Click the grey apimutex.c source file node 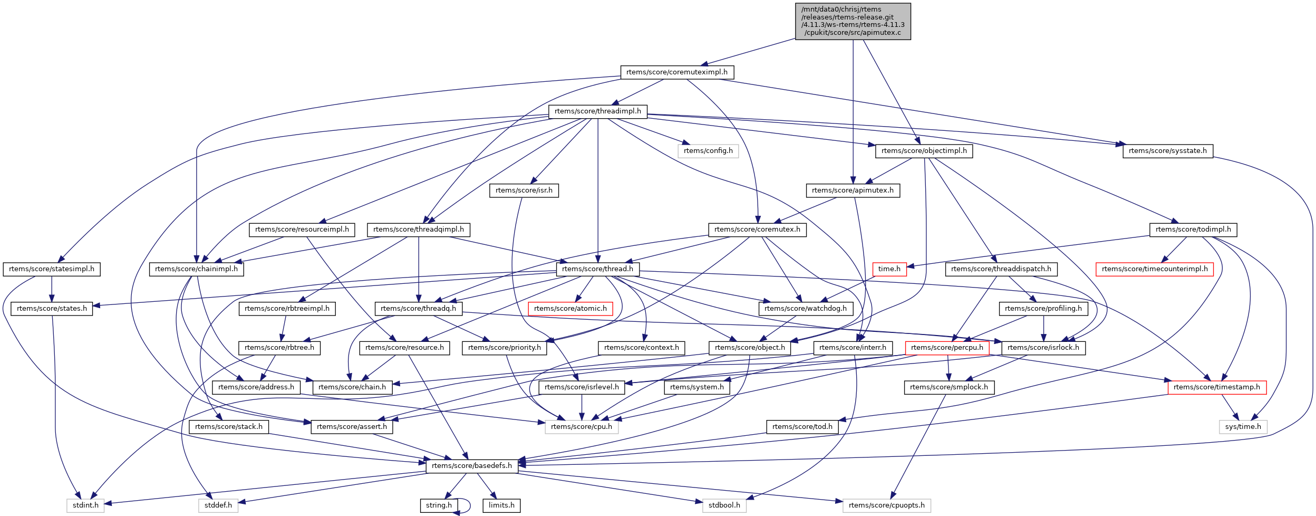click(x=853, y=21)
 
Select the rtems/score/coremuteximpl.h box click(x=677, y=72)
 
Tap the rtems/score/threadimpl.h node click(x=597, y=111)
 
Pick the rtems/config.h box click(x=708, y=151)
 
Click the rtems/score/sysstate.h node click(x=1167, y=151)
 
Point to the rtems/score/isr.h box click(x=524, y=190)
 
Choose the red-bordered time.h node click(x=889, y=269)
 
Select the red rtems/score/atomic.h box click(x=570, y=309)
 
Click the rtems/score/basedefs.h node click(x=471, y=466)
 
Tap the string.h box click(x=439, y=505)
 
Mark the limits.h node click(x=501, y=505)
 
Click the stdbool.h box click(x=724, y=505)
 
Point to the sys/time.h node click(x=1243, y=427)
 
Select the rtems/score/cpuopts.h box click(x=886, y=505)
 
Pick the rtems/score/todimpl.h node click(x=1193, y=230)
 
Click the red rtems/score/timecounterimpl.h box click(x=1154, y=269)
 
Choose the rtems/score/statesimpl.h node click(x=52, y=269)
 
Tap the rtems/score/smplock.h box click(x=949, y=387)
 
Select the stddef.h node click(x=218, y=505)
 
